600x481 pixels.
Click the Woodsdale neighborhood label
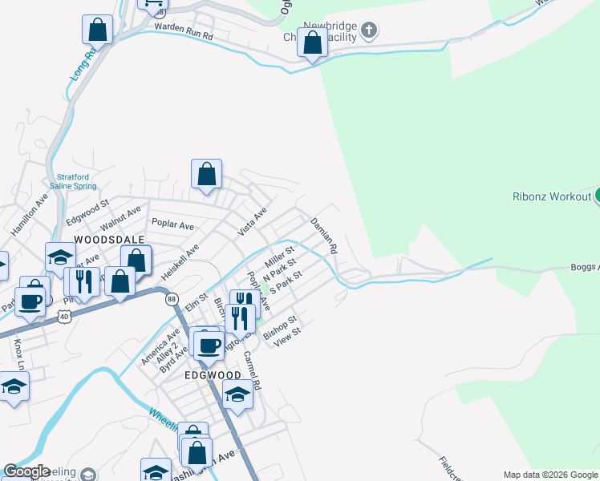pos(109,240)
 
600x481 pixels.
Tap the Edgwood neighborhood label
pos(213,375)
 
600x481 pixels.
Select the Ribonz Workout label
pos(551,196)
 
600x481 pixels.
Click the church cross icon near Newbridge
pos(368,31)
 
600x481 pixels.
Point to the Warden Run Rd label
pos(183,36)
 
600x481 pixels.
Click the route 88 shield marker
pos(172,299)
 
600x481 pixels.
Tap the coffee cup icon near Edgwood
pos(209,346)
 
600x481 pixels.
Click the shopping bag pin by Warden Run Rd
pos(97,30)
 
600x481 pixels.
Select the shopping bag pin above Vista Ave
pos(206,174)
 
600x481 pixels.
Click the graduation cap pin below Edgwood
pos(237,394)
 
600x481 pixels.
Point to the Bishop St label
pos(281,326)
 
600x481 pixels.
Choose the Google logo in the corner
pos(26,471)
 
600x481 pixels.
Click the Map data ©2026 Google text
pos(549,475)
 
